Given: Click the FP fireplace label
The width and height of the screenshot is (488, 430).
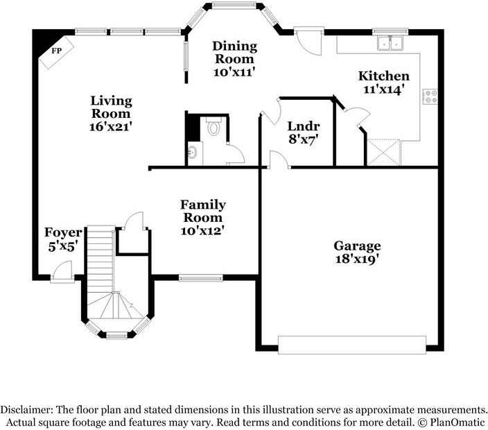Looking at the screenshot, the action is tap(56, 51).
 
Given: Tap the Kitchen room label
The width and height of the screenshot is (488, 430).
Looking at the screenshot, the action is tap(384, 76).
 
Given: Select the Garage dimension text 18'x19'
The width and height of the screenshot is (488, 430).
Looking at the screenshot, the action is tap(357, 259).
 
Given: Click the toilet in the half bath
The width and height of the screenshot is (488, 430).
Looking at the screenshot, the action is tap(214, 126).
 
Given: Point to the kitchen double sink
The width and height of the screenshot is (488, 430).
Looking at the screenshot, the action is tap(390, 43).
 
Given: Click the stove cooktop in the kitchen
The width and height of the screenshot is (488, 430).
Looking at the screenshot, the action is tap(430, 96).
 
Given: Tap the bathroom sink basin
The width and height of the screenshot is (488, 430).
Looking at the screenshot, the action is tap(192, 153).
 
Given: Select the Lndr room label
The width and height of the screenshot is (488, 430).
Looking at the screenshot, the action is tap(304, 126).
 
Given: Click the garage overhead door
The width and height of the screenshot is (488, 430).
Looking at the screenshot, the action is tap(352, 345).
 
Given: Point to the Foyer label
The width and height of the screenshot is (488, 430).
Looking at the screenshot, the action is tap(63, 232).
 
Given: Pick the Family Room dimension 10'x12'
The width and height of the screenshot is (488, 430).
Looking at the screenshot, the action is tap(202, 231).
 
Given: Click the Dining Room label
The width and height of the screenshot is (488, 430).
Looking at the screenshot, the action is tap(235, 52).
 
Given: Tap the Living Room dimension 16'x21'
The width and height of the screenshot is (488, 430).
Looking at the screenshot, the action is tap(111, 126).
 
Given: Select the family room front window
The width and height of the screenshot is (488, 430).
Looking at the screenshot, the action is tap(201, 277).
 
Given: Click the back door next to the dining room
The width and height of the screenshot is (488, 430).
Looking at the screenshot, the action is tap(308, 41).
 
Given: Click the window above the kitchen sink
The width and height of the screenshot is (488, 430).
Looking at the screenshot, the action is tap(390, 31).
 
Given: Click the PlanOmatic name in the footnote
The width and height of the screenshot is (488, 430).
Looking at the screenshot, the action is tap(458, 422).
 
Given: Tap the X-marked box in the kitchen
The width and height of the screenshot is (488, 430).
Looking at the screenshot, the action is tap(383, 153).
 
